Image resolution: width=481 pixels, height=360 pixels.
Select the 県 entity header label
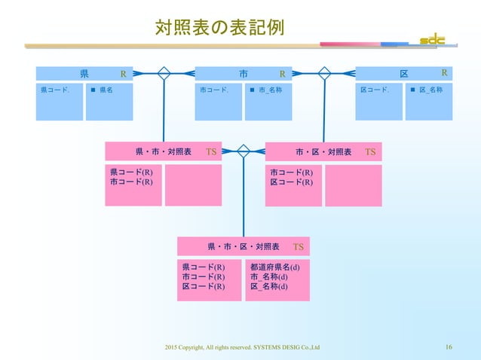coord(84,74)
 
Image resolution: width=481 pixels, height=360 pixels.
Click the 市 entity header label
coord(244,74)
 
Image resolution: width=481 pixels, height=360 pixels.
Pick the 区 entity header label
coord(404,74)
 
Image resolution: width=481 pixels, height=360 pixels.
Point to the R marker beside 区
coord(444,73)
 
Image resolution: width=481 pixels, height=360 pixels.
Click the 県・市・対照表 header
coord(163,151)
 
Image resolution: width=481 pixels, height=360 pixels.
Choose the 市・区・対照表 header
coord(323,151)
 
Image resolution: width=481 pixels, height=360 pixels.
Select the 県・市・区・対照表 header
coord(244,246)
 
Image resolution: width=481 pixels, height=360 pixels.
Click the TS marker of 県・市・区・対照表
coord(298,246)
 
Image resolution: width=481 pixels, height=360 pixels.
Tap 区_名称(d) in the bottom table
coord(268,286)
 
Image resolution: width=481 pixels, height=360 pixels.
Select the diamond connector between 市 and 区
coord(325,73)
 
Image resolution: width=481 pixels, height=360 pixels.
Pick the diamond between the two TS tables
coord(244,150)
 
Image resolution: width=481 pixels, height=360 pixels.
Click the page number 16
coord(449,347)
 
